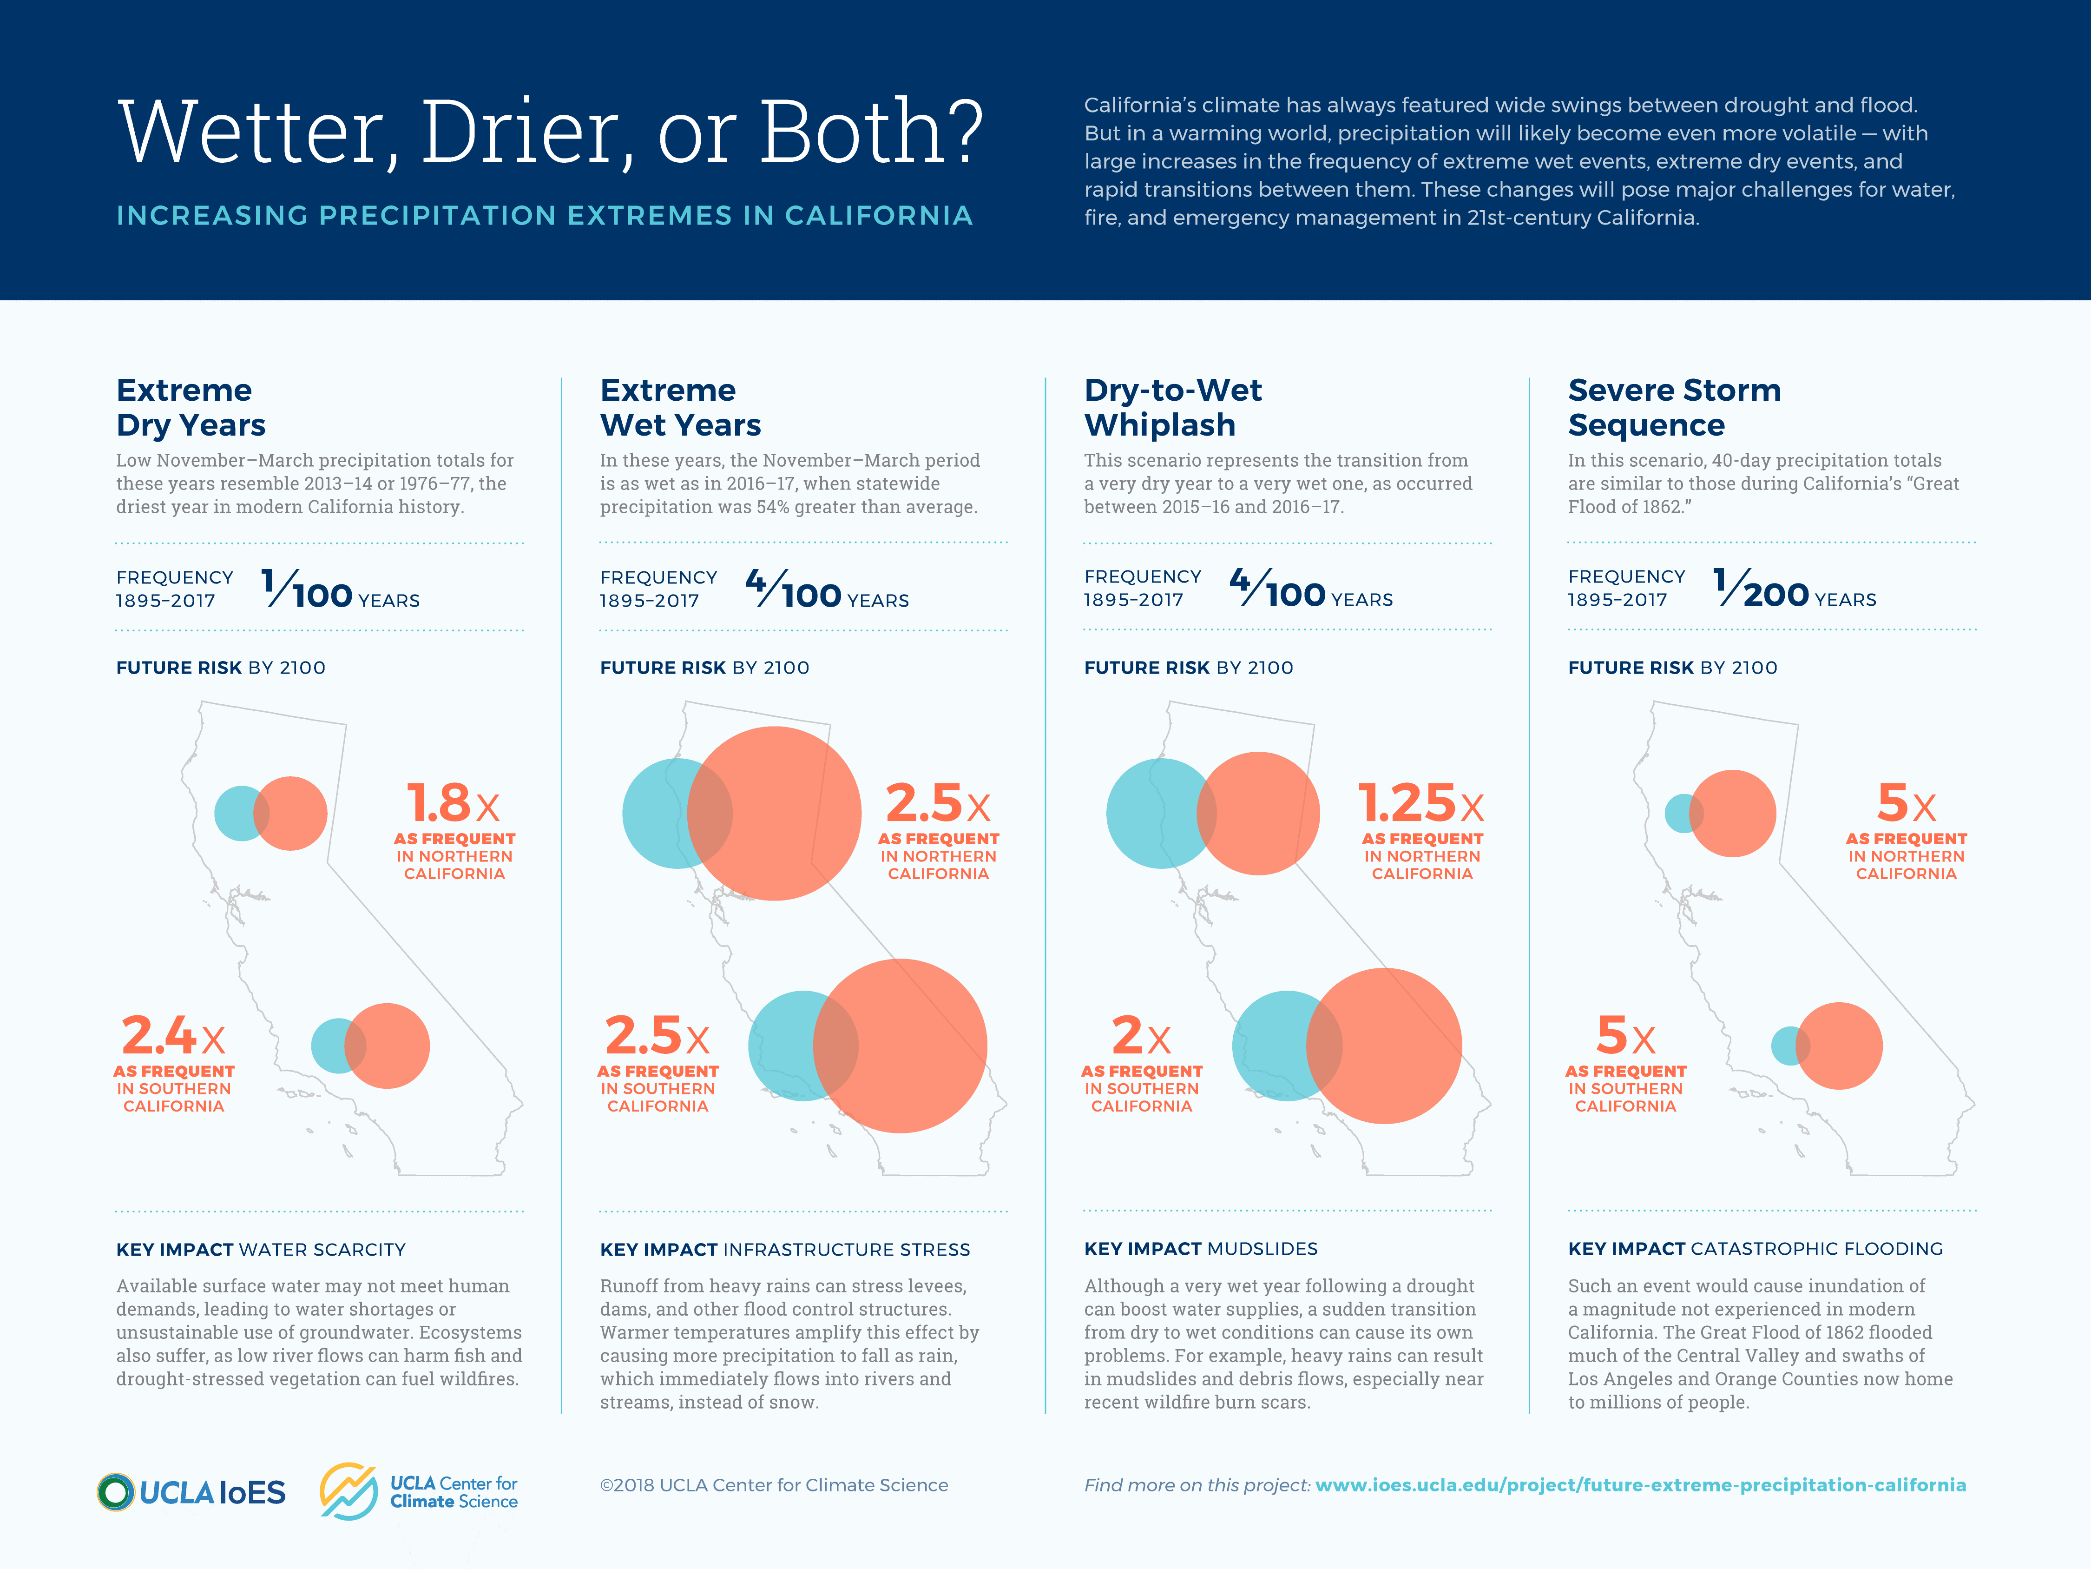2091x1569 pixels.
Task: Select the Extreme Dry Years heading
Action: click(x=191, y=408)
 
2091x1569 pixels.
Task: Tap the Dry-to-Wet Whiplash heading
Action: click(x=1172, y=408)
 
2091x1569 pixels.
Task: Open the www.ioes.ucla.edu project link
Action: click(x=1640, y=1485)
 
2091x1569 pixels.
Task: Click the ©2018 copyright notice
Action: click(x=773, y=1485)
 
